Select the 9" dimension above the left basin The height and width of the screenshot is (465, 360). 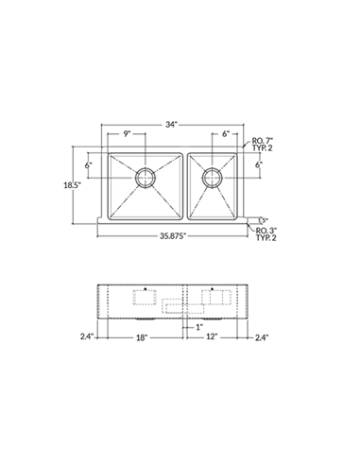[x=126, y=134]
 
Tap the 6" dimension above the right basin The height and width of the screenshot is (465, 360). [x=225, y=134]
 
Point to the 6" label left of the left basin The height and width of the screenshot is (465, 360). [x=88, y=165]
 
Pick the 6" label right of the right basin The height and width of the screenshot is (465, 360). [x=258, y=165]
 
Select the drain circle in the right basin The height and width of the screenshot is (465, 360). [x=212, y=175]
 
